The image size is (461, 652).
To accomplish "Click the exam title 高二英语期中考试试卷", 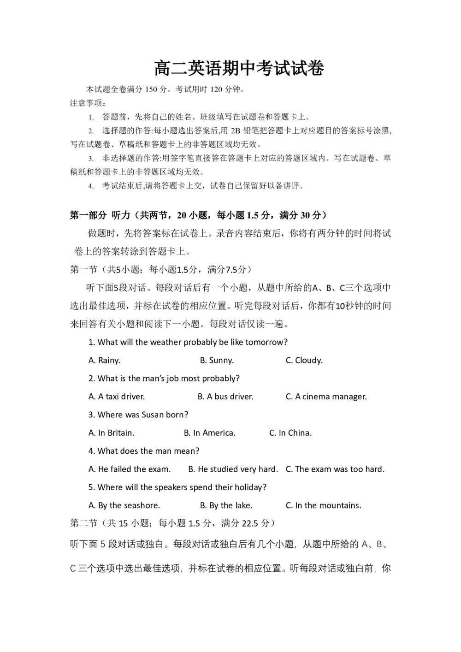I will tap(239, 68).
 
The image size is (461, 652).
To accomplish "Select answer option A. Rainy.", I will tap(104, 360).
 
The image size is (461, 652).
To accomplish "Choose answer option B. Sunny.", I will tap(217, 360).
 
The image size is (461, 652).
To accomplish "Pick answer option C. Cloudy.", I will tap(304, 360).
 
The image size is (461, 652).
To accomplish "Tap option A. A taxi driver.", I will tap(117, 397).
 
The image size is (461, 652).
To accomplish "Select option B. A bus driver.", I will tap(225, 397).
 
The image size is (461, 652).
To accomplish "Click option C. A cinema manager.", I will tap(326, 397).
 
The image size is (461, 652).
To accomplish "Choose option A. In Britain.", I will tap(112, 433).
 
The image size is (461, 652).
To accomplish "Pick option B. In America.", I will tap(209, 433).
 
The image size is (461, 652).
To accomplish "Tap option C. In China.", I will tap(290, 433).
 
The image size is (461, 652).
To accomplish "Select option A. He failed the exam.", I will tap(130, 469).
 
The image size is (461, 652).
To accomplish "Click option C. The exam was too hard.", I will tap(335, 469).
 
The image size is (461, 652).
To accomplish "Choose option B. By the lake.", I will tap(226, 505).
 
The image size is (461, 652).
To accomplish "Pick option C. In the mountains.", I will tap(323, 505).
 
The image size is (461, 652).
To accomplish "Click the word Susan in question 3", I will tap(153, 415).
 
